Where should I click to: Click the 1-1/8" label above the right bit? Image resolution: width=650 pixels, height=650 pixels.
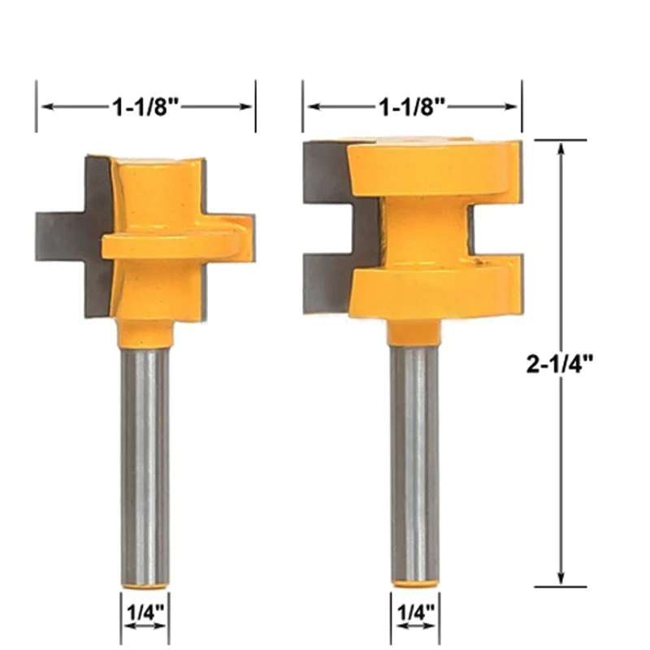(x=412, y=107)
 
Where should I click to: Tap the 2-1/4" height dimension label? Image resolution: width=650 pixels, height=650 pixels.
(x=560, y=364)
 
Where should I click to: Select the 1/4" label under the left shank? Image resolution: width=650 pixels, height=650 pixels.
(x=145, y=613)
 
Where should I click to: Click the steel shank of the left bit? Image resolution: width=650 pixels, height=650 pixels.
(x=145, y=466)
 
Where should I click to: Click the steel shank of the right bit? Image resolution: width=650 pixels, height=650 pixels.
(x=415, y=463)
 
